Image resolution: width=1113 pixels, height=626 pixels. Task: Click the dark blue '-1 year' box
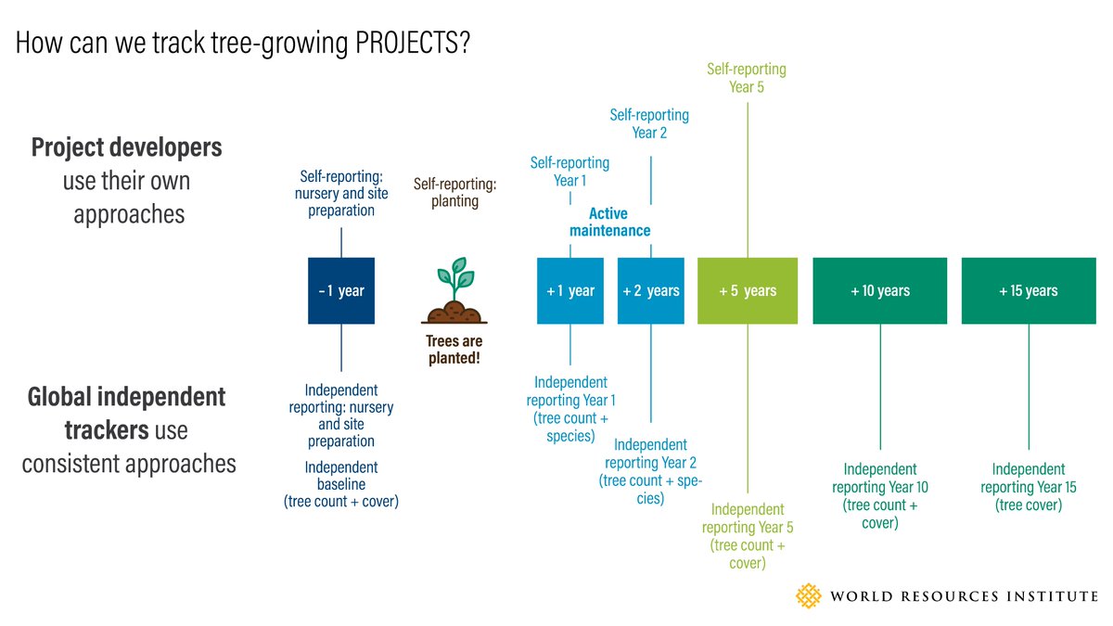pos(341,290)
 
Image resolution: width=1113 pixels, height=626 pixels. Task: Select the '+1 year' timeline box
pos(570,290)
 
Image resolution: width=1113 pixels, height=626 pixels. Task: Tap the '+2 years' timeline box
pos(651,290)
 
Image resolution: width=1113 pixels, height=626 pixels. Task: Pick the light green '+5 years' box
pos(748,290)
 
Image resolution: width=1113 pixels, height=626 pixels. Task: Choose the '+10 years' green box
pos(879,290)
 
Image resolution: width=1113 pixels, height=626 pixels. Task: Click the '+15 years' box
pos(1028,290)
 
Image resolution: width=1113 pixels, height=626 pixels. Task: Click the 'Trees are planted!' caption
pos(454,350)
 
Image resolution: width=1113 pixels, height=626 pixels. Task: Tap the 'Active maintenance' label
pos(609,222)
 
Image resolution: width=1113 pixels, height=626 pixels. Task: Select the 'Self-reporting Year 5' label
pos(747,78)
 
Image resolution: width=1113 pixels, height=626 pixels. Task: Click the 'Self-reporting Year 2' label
pos(649,123)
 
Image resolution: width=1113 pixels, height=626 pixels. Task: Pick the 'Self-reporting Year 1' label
pos(569,172)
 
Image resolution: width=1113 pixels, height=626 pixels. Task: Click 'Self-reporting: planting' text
pos(454,193)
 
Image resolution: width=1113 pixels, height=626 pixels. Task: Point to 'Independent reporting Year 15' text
pos(1028,487)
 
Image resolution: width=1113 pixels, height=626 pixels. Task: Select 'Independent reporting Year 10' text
pos(879,495)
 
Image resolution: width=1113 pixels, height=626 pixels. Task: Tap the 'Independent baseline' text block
pos(341,484)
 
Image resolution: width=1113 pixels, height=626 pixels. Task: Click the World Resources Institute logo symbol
pos(810,595)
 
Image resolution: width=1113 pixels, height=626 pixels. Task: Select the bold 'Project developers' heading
pos(127,147)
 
